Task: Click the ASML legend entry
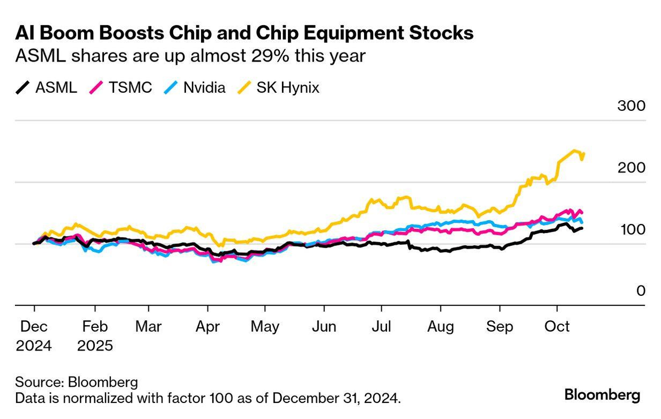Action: click(46, 87)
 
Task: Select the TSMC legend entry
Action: click(121, 87)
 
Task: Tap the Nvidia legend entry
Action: click(195, 87)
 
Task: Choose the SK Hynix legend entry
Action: click(278, 87)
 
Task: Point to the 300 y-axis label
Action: click(632, 106)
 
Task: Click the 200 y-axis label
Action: click(632, 168)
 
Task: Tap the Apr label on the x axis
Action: click(207, 327)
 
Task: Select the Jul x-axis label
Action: click(381, 327)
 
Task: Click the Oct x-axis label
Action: click(557, 327)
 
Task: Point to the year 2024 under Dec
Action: click(34, 346)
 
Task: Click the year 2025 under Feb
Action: click(95, 346)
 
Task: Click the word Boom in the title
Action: click(66, 33)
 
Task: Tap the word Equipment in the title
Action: click(353, 34)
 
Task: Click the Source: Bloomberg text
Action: click(77, 382)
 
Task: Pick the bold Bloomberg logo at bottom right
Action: click(602, 395)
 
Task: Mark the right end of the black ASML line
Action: click(582, 228)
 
